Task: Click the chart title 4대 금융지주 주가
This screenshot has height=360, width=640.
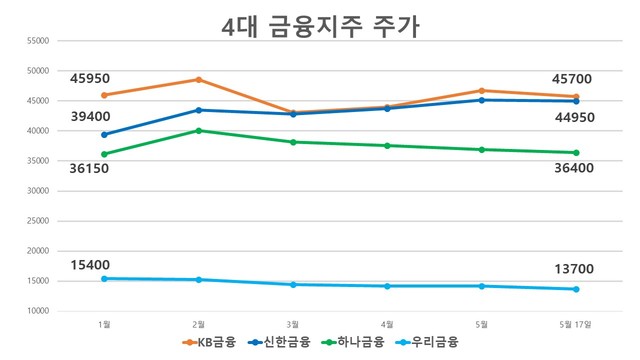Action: pos(319,26)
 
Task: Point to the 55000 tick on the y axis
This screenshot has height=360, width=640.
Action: pos(37,41)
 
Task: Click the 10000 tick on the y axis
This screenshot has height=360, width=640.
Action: pos(37,311)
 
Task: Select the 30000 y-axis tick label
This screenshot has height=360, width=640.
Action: pos(37,191)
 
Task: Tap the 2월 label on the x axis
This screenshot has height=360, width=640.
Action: pos(198,323)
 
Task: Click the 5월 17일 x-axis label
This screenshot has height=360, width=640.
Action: pos(576,323)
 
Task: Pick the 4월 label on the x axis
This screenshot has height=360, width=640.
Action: pos(387,323)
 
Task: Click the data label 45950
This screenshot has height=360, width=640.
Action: pos(90,77)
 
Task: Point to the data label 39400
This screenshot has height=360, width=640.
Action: pos(90,117)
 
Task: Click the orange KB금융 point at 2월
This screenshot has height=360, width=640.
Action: pos(198,80)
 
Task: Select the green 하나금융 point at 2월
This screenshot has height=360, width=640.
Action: pos(198,130)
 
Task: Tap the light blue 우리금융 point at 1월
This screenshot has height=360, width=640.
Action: pos(104,278)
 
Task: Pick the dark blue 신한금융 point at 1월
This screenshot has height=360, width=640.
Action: pos(104,134)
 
